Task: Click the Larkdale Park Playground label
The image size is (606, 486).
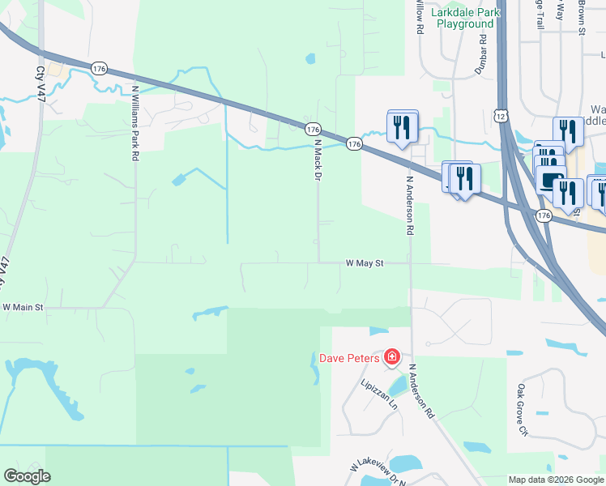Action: [x=465, y=18]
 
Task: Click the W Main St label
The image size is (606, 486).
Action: [x=23, y=308]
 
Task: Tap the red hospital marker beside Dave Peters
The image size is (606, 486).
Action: [x=392, y=356]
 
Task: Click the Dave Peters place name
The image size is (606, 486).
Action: [x=349, y=357]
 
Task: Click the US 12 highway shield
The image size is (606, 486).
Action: [x=503, y=117]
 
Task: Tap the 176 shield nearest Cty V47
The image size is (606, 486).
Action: [x=99, y=70]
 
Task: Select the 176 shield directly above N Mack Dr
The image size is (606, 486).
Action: [x=314, y=130]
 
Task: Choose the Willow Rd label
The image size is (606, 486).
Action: [x=420, y=16]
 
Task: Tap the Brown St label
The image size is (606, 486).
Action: [x=582, y=16]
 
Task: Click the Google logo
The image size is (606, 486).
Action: [x=27, y=476]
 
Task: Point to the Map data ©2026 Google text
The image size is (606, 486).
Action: [x=556, y=480]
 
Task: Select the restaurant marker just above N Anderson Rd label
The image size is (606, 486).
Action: [x=403, y=126]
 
